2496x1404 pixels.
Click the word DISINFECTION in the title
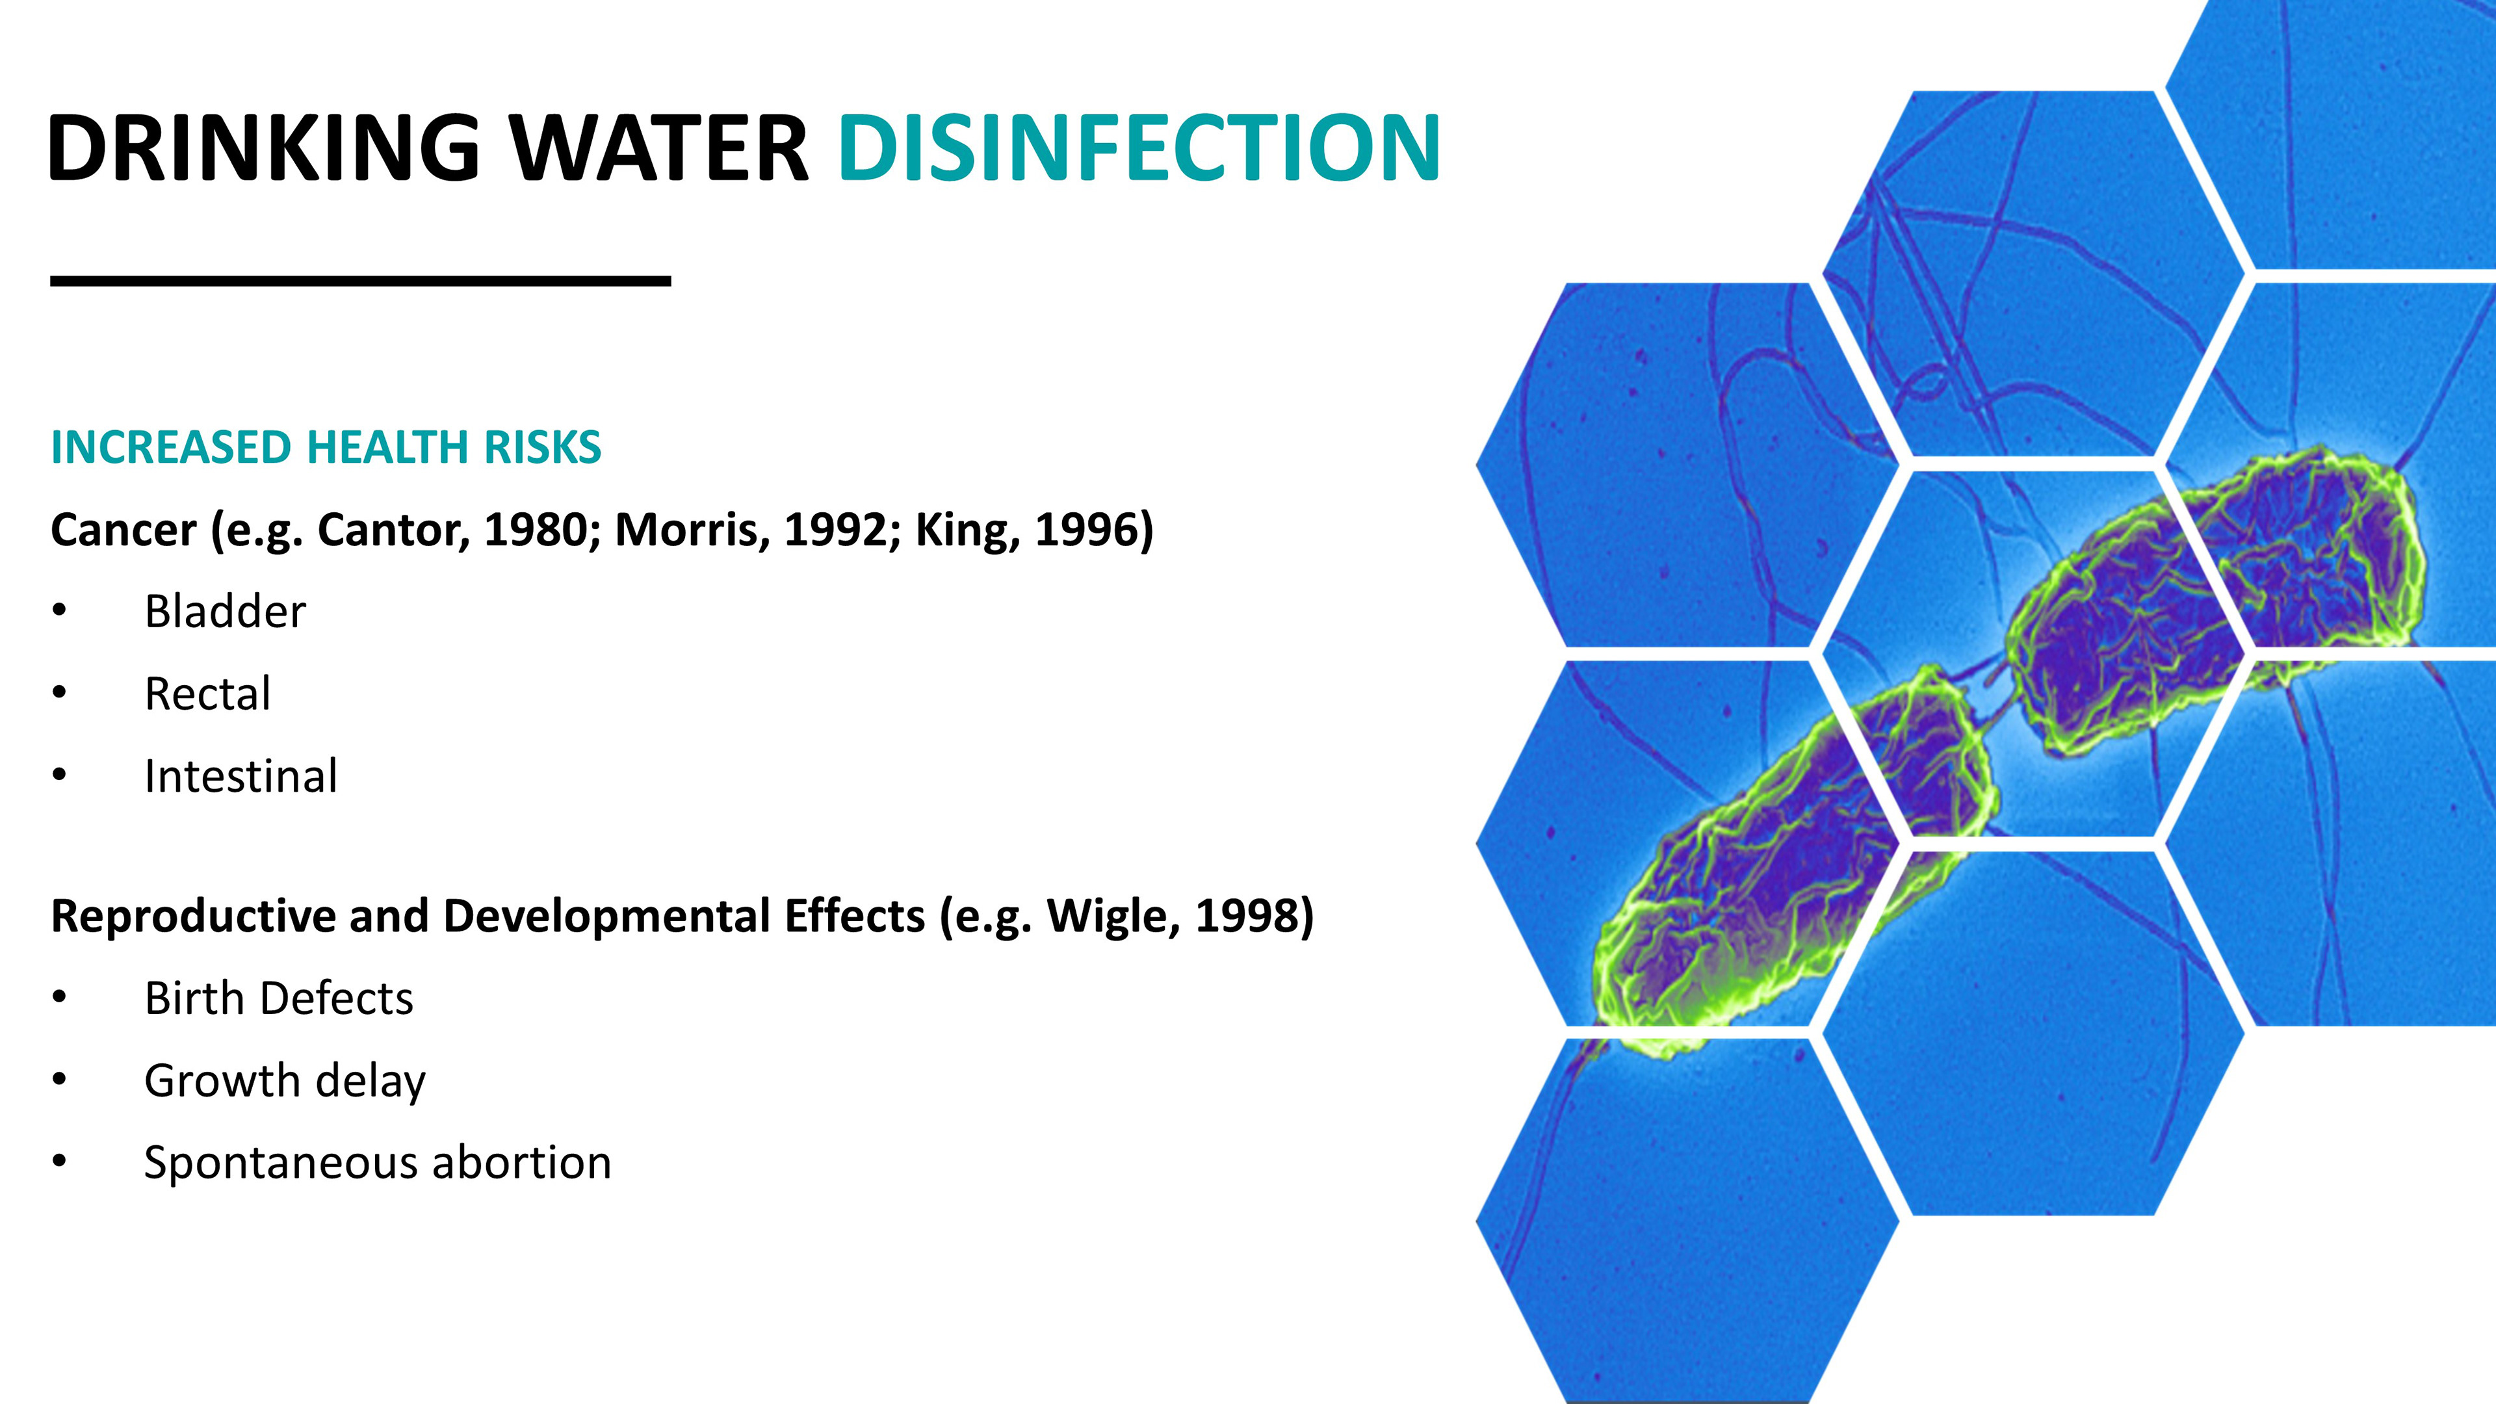(1139, 148)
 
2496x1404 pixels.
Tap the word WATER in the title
(659, 148)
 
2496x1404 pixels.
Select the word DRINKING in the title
(263, 148)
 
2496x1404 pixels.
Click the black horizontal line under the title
(361, 281)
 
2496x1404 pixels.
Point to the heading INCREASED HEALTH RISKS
(326, 448)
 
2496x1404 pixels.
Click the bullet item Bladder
(225, 612)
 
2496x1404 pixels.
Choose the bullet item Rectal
(207, 694)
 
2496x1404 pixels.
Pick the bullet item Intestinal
(241, 776)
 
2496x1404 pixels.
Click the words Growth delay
(285, 1082)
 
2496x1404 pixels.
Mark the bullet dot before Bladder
(60, 610)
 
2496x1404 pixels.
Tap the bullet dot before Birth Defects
(60, 997)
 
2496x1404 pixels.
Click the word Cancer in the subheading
(123, 530)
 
